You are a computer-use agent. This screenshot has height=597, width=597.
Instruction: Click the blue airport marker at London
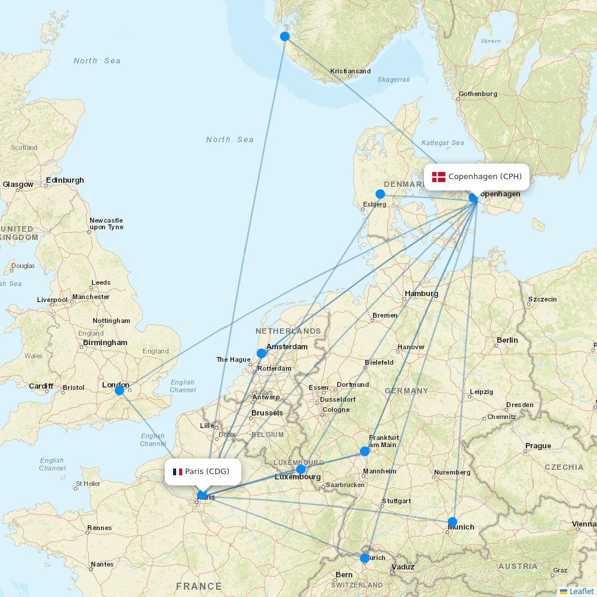click(x=119, y=390)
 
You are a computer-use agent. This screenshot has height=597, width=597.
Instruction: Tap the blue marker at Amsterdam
click(x=261, y=353)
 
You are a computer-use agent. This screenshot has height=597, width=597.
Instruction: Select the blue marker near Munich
click(x=453, y=522)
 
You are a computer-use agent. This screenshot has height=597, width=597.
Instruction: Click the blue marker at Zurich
click(x=365, y=558)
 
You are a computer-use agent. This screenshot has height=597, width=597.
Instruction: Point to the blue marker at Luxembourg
click(x=301, y=469)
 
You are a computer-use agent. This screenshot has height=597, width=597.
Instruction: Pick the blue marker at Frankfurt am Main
click(x=365, y=451)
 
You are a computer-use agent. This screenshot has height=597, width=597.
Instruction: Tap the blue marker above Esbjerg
click(x=380, y=194)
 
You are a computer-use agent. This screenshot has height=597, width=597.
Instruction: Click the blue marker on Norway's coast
click(x=285, y=36)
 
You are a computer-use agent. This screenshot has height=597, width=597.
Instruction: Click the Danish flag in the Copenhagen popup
click(x=439, y=177)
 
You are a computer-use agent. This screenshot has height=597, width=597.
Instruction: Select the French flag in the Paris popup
click(x=177, y=472)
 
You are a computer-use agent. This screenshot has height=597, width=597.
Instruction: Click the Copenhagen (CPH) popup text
click(x=485, y=177)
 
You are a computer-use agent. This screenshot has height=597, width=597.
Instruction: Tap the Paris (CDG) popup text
click(x=207, y=472)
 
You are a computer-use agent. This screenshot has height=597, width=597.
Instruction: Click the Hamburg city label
click(x=421, y=293)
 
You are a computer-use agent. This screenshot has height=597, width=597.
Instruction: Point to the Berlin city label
click(x=507, y=340)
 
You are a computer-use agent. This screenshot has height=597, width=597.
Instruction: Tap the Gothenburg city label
click(x=478, y=94)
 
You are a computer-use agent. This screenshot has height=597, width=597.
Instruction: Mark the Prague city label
click(x=538, y=446)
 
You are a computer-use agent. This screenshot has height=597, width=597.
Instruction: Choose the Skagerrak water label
click(x=393, y=79)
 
